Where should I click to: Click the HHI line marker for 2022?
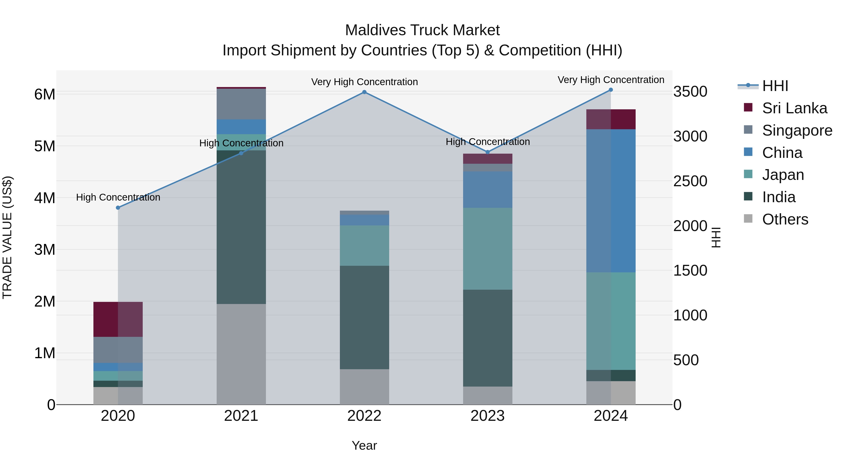[364, 92]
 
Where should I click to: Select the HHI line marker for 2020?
[118, 208]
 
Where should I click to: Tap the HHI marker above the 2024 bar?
[611, 90]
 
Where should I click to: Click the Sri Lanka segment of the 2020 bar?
[118, 319]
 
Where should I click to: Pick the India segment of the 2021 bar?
[241, 227]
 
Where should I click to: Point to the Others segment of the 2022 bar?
[364, 387]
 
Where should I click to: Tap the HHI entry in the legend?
[775, 86]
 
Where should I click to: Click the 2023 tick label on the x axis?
[488, 416]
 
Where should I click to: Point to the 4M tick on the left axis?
[45, 198]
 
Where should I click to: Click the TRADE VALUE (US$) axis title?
[7, 237]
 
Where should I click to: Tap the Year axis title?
[364, 445]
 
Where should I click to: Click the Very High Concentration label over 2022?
[364, 82]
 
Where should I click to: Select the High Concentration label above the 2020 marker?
[118, 197]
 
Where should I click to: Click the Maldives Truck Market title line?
[422, 30]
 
